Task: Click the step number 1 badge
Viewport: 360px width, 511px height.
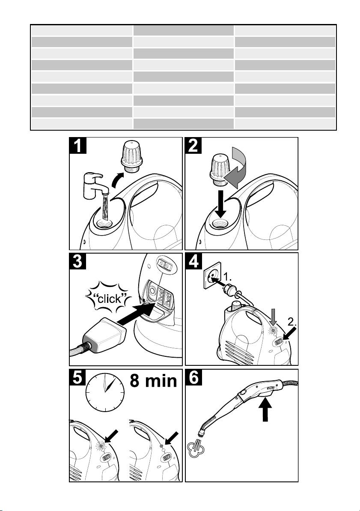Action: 78,146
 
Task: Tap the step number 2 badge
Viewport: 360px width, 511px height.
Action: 193,146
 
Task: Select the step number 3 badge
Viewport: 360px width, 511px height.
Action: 78,261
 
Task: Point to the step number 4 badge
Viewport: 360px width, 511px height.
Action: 193,261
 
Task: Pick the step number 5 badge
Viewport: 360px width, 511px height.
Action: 78,377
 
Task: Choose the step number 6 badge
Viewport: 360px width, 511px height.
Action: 193,377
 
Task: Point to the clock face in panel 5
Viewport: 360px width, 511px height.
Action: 105,390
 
